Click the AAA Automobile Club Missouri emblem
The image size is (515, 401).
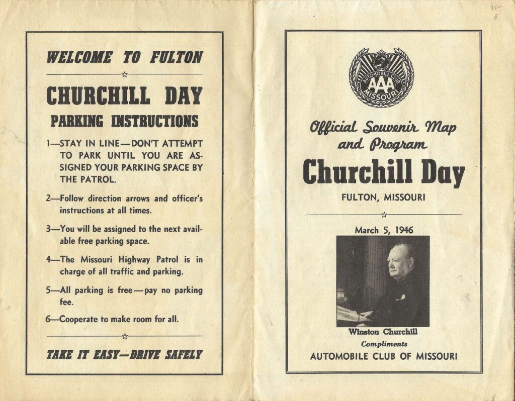(381, 77)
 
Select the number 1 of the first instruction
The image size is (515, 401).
(48, 143)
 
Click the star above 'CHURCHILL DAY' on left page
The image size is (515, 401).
(124, 74)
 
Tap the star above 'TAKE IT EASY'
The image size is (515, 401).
(124, 336)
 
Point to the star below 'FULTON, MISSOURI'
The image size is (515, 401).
(384, 215)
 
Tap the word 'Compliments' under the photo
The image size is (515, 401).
(384, 344)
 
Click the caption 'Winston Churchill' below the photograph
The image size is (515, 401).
(383, 332)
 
